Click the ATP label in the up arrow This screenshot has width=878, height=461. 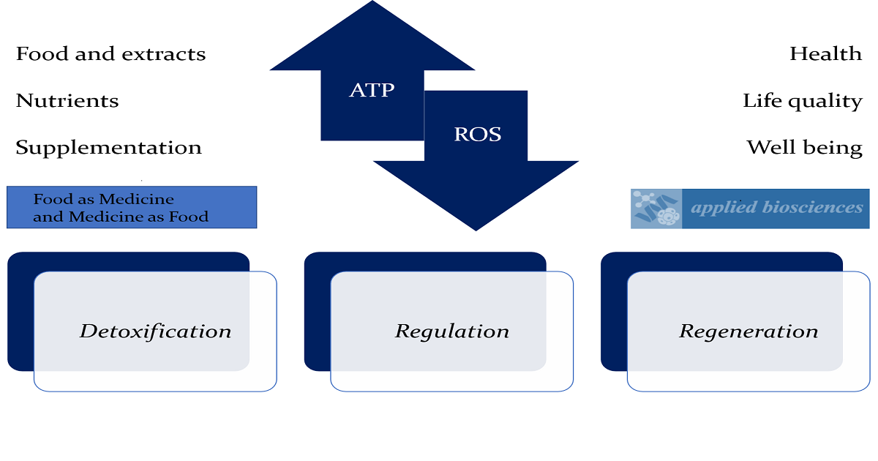[x=372, y=90]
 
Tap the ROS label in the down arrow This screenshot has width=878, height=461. [x=477, y=135]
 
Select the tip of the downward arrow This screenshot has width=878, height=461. [x=476, y=228]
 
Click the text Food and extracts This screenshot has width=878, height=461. [x=110, y=54]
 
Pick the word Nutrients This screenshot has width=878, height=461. [x=67, y=101]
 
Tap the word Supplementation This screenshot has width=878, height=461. [x=108, y=148]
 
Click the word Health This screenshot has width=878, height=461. [x=825, y=54]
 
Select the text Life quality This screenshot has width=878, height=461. [x=803, y=101]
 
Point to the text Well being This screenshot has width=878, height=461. [x=804, y=148]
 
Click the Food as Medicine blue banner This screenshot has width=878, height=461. [x=132, y=207]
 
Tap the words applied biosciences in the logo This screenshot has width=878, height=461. [x=777, y=208]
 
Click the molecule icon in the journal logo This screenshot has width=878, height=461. [x=656, y=209]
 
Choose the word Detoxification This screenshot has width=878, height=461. [x=155, y=331]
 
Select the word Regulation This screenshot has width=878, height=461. [x=452, y=331]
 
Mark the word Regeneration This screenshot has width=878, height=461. [x=748, y=331]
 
